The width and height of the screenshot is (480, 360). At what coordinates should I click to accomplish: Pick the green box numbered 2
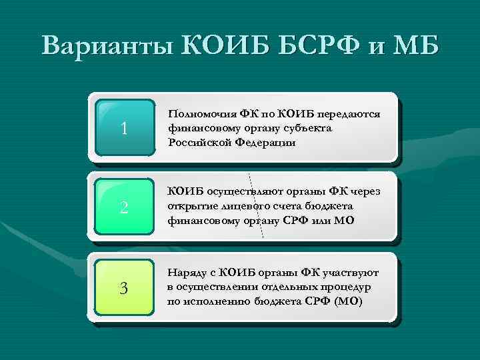(x=125, y=207)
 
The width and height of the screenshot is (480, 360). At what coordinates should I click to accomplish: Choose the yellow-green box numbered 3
(x=125, y=287)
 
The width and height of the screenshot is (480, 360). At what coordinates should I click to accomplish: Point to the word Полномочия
(x=199, y=115)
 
